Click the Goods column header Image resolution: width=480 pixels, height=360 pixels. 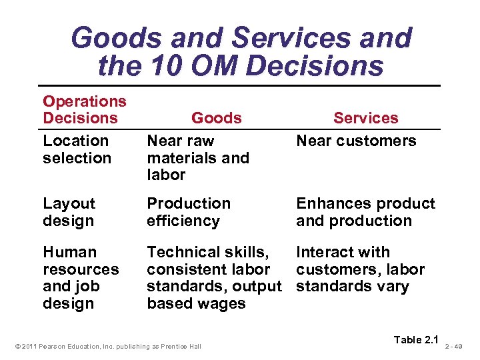pyautogui.click(x=216, y=118)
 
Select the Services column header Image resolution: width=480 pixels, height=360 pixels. pyautogui.click(x=365, y=118)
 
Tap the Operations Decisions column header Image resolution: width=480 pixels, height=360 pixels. pyautogui.click(x=84, y=109)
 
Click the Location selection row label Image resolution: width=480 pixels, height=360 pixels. pyautogui.click(x=76, y=149)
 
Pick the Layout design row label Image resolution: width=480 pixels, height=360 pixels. pyautogui.click(x=69, y=212)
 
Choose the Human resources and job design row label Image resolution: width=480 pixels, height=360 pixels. pyautogui.click(x=80, y=278)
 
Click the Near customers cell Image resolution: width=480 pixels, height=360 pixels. pyautogui.click(x=356, y=141)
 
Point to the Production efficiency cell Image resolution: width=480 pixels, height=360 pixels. pyautogui.click(x=189, y=212)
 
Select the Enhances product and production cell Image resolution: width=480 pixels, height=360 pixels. pyautogui.click(x=365, y=212)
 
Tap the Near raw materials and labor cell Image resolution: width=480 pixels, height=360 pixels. pyautogui.click(x=197, y=158)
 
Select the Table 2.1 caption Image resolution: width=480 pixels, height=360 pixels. pyautogui.click(x=417, y=340)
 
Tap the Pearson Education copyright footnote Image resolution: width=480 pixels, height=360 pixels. pyautogui.click(x=107, y=345)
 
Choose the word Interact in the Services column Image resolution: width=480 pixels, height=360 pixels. pyautogui.click(x=324, y=252)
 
